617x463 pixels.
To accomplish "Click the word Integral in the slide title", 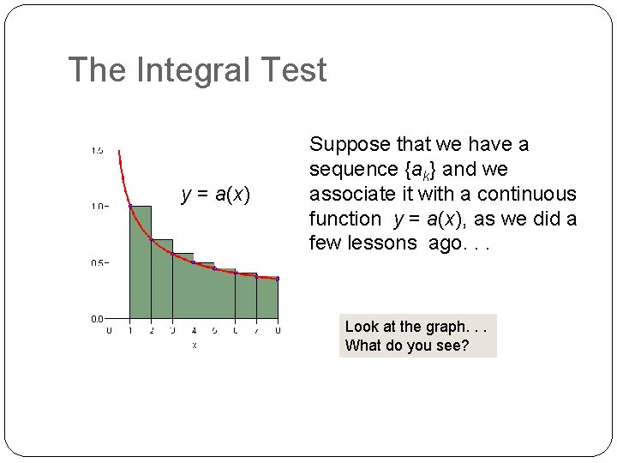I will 194,70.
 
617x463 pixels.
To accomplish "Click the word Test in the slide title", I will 295,70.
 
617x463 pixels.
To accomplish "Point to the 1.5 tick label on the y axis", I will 98,151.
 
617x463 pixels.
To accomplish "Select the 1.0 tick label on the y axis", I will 98,207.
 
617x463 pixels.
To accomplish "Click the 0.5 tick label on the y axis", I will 98,263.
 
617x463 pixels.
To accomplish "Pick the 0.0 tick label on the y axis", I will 98,319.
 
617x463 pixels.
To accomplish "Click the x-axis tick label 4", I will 193,331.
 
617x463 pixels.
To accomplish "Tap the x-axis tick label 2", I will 151,331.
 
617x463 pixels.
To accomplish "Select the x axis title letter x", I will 194,345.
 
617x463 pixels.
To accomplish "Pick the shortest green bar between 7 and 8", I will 267,298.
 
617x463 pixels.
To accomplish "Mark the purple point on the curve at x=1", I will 130,207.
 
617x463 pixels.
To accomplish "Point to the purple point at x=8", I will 278,279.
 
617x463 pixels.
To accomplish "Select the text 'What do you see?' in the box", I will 407,346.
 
